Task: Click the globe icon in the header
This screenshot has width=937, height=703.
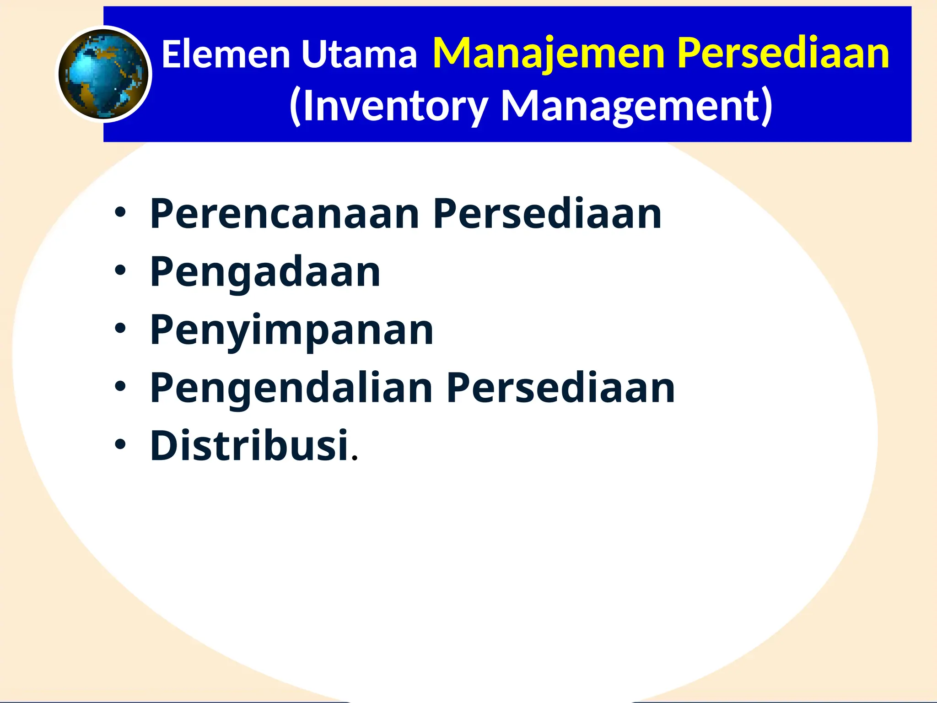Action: (x=104, y=74)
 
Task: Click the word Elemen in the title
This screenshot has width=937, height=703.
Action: (x=226, y=54)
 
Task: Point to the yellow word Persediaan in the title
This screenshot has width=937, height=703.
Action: (x=783, y=54)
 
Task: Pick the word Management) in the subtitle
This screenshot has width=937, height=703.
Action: (x=637, y=106)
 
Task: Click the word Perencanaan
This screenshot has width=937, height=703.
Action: (x=285, y=214)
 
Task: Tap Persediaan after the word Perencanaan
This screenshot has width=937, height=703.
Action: (x=547, y=214)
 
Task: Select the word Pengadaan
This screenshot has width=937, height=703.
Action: (x=265, y=272)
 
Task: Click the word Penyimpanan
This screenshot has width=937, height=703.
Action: (x=292, y=330)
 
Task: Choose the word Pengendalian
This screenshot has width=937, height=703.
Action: (x=291, y=388)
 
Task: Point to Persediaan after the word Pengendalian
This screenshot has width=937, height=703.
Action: (x=560, y=388)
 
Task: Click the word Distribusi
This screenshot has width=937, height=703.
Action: (x=249, y=446)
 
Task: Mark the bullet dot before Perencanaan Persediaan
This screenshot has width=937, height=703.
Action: (x=120, y=213)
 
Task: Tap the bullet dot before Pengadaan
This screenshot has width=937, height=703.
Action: (x=120, y=271)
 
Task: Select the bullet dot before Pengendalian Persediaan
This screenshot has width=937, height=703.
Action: (x=120, y=387)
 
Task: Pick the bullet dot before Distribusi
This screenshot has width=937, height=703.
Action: (x=120, y=444)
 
